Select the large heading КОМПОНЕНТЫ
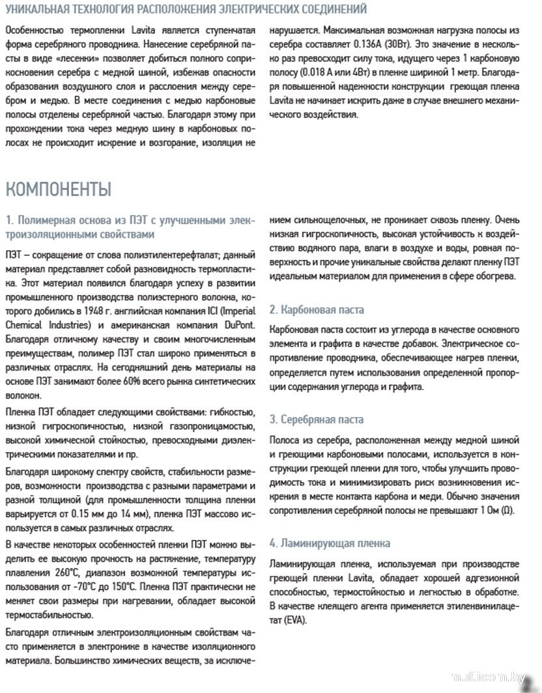[x=58, y=190]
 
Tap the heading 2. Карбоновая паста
[x=317, y=309]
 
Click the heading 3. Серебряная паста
[x=317, y=419]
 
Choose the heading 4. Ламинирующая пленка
[x=330, y=543]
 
